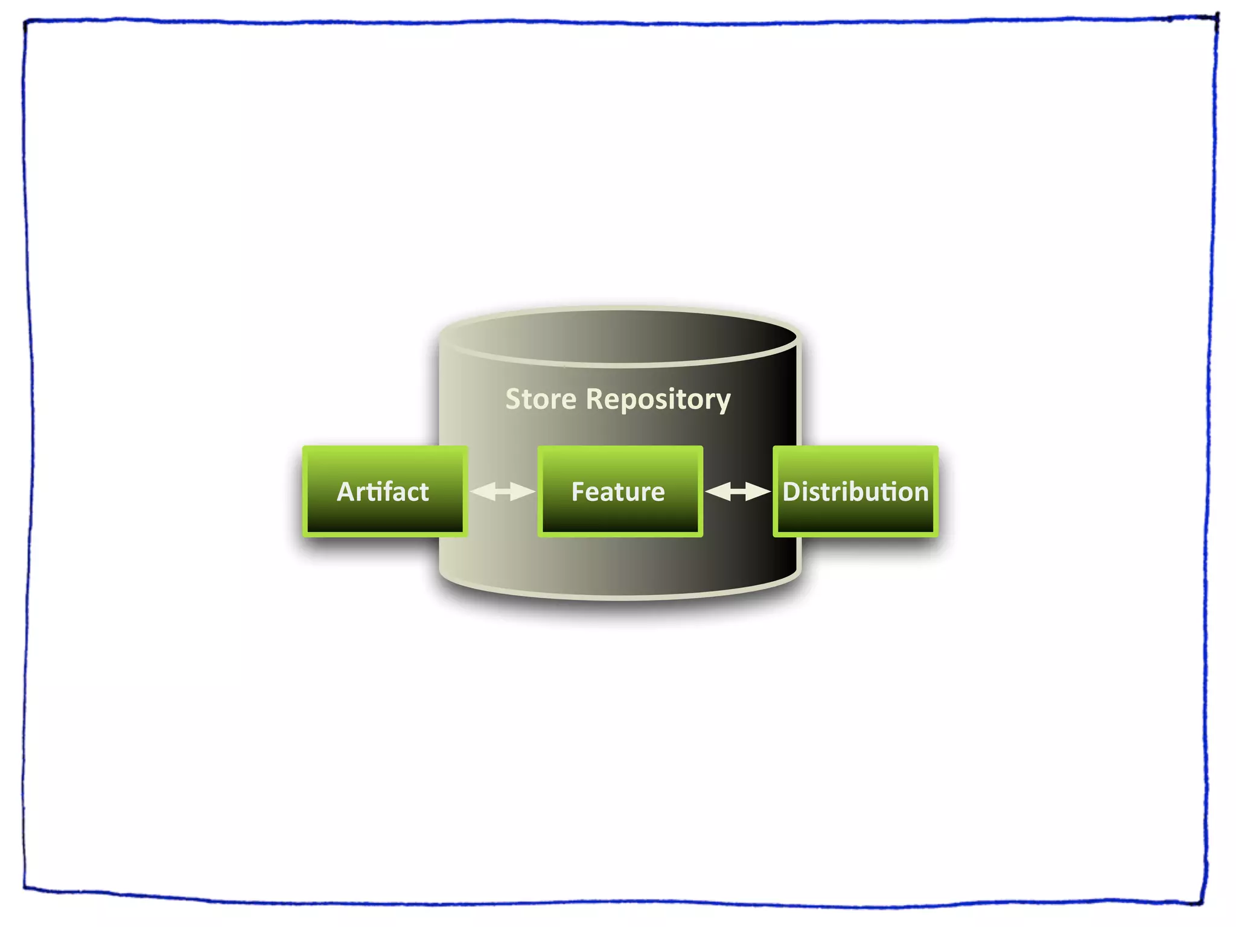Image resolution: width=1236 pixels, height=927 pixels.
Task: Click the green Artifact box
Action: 384,491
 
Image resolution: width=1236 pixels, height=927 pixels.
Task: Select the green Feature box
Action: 620,491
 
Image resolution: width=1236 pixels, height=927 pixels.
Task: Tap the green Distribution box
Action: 855,491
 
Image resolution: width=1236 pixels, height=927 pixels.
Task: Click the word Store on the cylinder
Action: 541,400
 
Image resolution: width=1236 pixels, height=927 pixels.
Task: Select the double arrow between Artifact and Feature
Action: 502,492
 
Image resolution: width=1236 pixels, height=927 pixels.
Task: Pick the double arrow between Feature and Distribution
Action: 737,492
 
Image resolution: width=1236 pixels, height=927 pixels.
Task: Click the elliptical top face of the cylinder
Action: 620,337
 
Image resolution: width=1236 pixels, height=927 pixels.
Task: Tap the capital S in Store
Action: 514,400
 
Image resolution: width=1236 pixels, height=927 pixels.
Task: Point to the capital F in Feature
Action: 578,492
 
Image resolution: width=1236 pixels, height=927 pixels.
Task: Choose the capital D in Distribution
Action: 791,492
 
